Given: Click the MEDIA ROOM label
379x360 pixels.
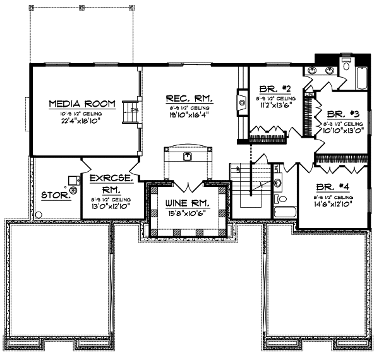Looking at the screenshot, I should (x=82, y=103).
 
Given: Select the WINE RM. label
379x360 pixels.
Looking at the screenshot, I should (x=187, y=203).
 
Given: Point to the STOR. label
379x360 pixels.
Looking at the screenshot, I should (x=55, y=196).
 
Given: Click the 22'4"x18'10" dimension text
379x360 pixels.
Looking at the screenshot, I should (x=82, y=120).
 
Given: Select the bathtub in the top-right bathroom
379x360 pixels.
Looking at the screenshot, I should (x=361, y=76).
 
